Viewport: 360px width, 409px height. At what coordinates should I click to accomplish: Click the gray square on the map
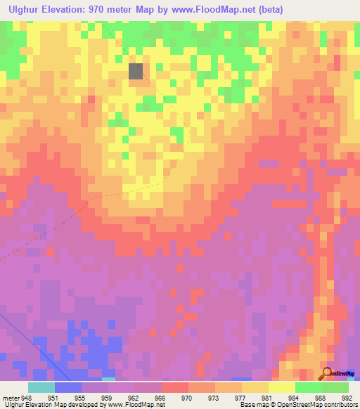coord(136,70)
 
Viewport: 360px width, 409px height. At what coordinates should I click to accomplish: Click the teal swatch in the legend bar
coord(41,387)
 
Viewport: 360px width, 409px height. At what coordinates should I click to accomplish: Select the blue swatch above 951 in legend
coord(68,387)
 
